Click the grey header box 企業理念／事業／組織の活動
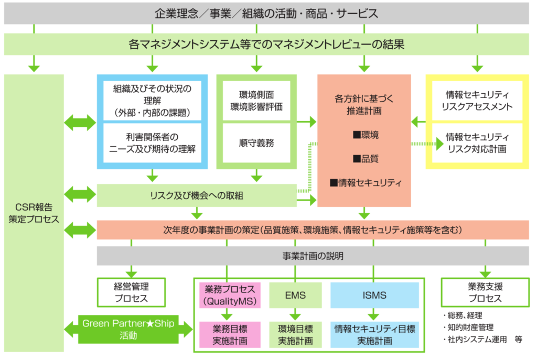[266, 13]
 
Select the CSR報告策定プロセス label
[34, 213]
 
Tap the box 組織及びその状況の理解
[152, 100]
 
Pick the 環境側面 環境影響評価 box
[256, 100]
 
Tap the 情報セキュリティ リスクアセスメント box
[477, 100]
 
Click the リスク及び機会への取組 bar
[197, 195]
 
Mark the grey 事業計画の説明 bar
[313, 256]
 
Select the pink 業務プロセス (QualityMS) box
[230, 295]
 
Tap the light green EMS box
[295, 295]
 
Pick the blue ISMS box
[374, 295]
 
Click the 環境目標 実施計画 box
[295, 335]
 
